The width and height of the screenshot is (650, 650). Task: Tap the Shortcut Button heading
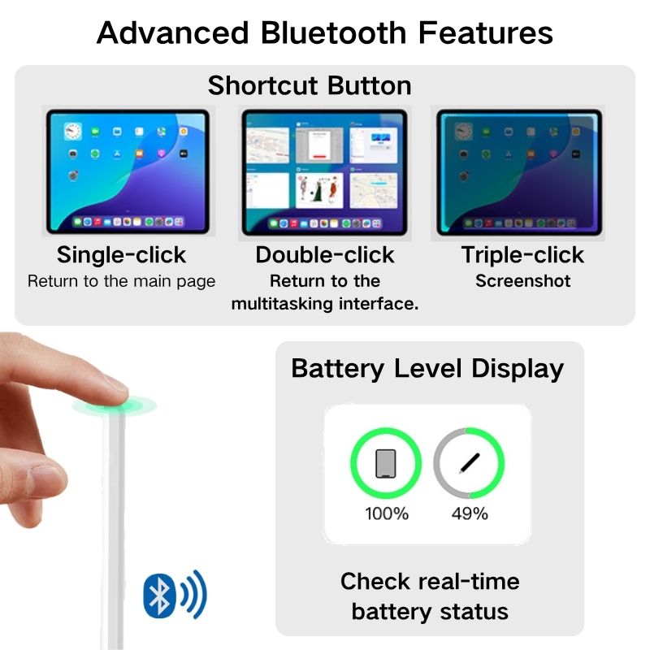click(x=309, y=85)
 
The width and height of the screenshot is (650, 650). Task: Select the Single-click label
click(x=121, y=255)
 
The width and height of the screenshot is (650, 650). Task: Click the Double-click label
click(x=324, y=255)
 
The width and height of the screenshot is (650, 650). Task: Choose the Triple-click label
click(x=522, y=255)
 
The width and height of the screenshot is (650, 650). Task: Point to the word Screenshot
click(x=522, y=282)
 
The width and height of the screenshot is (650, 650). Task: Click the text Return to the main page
click(x=121, y=282)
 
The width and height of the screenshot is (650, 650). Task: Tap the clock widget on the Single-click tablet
click(x=72, y=131)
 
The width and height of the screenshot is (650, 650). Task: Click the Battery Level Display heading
click(x=427, y=369)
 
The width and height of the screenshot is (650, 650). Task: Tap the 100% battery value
click(x=387, y=513)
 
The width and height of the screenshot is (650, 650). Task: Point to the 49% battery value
click(x=469, y=513)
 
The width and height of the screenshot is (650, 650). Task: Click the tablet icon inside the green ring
click(x=386, y=464)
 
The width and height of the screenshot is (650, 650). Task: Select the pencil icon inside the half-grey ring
click(x=469, y=464)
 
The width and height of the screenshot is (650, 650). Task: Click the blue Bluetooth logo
click(x=160, y=595)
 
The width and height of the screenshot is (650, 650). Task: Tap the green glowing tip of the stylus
click(x=113, y=405)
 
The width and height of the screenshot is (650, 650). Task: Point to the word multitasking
click(x=279, y=305)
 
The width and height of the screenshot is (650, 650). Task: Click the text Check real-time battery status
click(x=430, y=596)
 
